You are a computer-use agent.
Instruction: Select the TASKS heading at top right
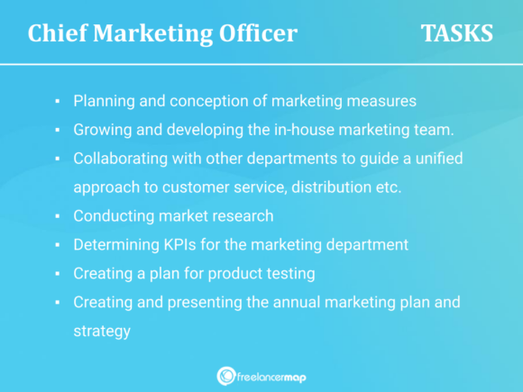coord(456,33)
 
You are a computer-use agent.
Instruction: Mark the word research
coord(242,216)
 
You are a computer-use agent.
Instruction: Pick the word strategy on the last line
coord(102,332)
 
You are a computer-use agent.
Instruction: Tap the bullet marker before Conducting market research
coord(57,217)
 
